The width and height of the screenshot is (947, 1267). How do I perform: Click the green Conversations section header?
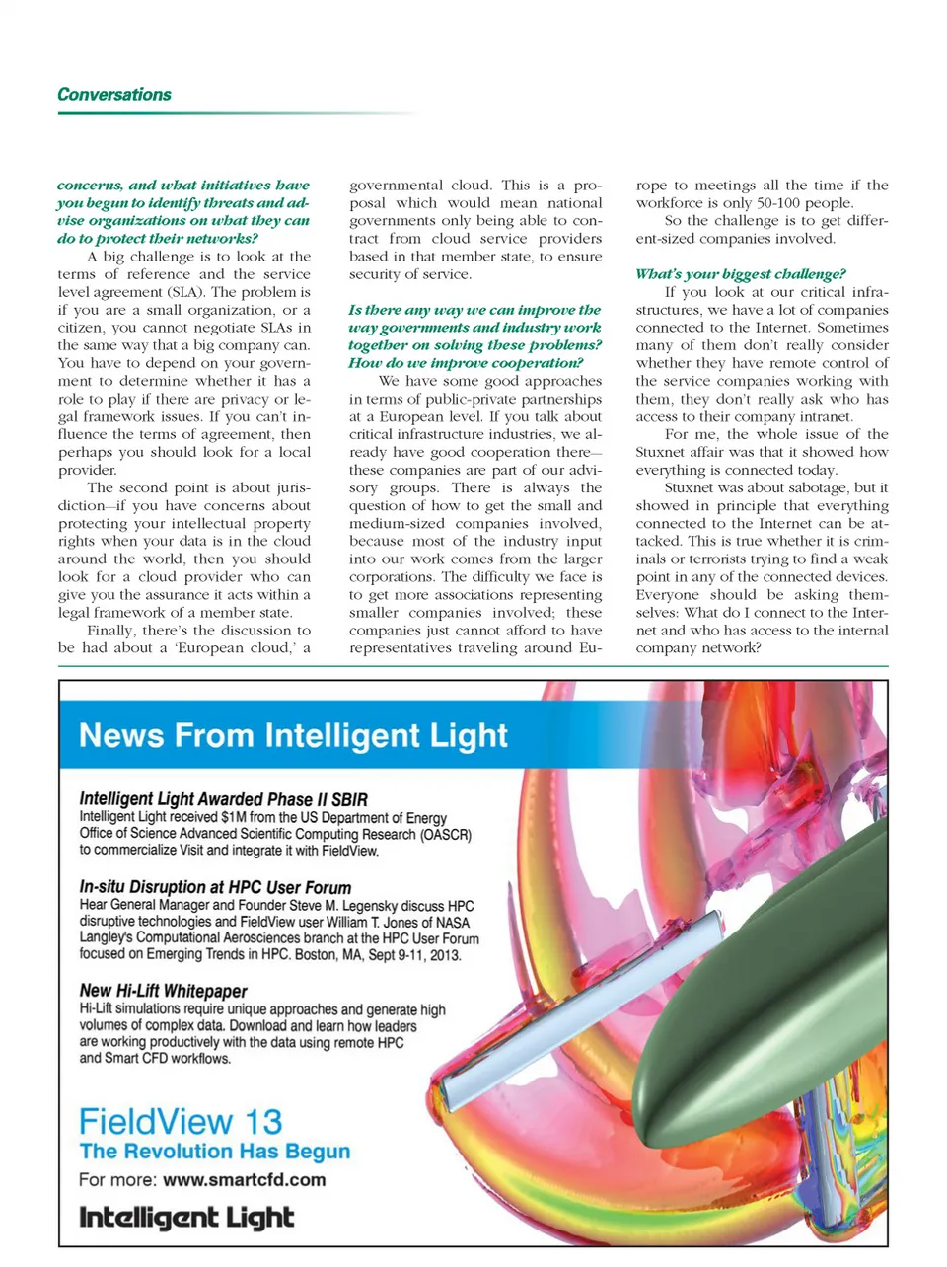coord(114,95)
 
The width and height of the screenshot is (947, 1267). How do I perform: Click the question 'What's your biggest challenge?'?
coord(740,274)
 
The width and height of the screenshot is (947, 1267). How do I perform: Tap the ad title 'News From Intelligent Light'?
coord(293,735)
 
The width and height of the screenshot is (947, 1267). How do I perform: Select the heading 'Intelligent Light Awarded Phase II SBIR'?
coord(223,799)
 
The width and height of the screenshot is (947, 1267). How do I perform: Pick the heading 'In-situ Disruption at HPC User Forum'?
coord(215,887)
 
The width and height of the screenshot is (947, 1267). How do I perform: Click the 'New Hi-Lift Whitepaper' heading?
coord(163,991)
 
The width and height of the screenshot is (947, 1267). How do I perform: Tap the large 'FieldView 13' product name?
coord(181,1121)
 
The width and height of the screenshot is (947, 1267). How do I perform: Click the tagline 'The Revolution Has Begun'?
coord(215,1152)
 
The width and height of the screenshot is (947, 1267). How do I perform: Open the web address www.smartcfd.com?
coord(244,1180)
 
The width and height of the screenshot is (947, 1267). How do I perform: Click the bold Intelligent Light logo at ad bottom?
coord(186,1218)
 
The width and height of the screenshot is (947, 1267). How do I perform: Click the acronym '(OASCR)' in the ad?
coord(446,834)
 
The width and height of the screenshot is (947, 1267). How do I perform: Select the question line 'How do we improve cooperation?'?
coord(466,363)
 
